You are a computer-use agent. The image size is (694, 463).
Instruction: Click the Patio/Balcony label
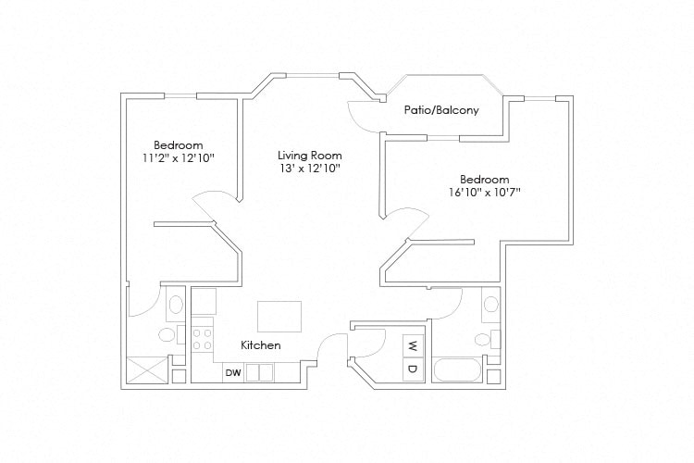click(441, 110)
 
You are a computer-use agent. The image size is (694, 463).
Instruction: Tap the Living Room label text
click(310, 156)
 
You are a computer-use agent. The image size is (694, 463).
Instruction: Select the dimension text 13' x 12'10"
click(310, 169)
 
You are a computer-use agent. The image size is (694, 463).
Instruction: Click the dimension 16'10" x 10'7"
click(484, 193)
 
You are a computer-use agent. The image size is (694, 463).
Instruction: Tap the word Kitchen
click(261, 344)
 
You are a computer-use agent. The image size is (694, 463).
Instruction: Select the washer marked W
click(413, 347)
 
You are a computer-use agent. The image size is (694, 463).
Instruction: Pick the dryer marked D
click(413, 369)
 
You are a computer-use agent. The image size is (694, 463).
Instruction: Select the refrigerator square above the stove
click(204, 301)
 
